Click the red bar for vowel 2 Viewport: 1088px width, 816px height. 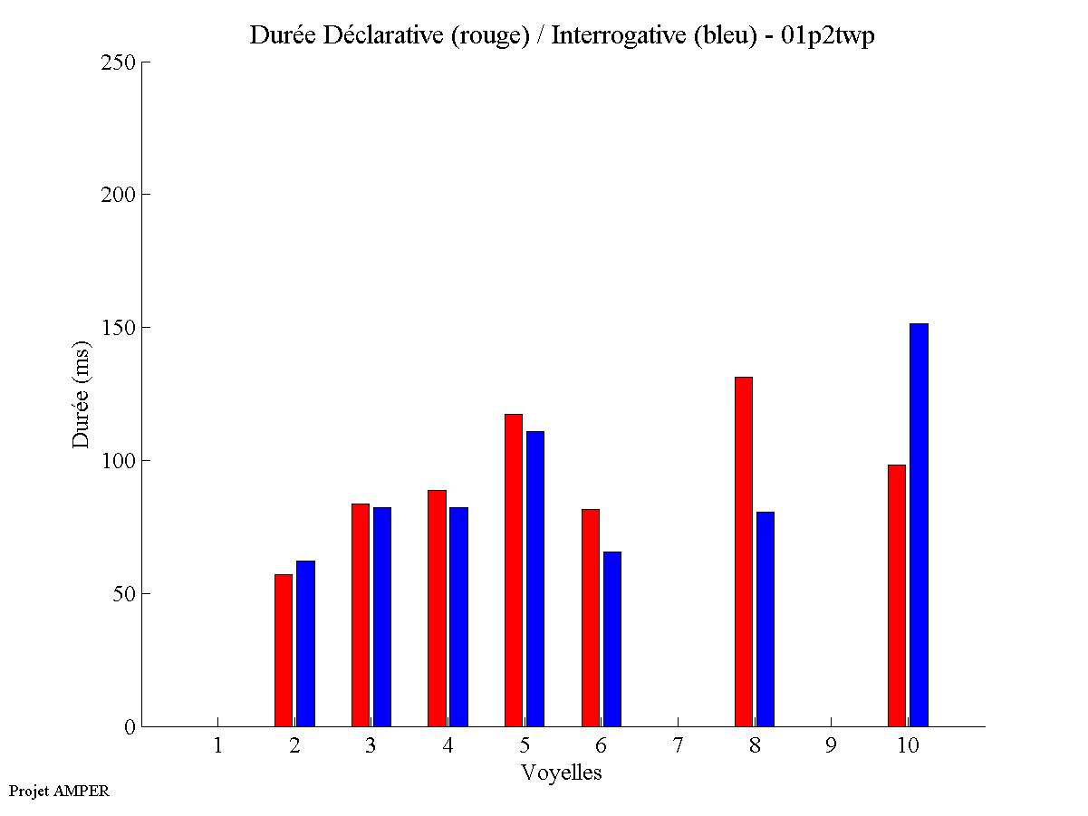284,650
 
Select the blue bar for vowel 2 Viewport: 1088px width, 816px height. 305,643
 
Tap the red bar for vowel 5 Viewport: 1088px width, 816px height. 514,571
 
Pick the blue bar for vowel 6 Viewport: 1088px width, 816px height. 612,638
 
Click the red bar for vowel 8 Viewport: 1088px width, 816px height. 744,552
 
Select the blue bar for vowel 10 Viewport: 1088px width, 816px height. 919,524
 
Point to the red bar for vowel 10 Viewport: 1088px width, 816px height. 897,595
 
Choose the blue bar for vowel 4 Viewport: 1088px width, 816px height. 458,617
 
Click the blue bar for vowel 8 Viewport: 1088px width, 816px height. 765,619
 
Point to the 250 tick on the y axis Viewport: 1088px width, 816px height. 145,62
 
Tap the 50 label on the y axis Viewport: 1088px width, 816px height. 124,594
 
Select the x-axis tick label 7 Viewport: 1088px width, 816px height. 678,746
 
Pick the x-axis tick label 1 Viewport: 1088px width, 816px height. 217,746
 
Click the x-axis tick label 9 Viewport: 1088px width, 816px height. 831,746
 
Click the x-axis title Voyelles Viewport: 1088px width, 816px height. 561,773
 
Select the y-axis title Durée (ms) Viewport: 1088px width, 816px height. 82,394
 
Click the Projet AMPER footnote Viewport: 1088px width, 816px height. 59,791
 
